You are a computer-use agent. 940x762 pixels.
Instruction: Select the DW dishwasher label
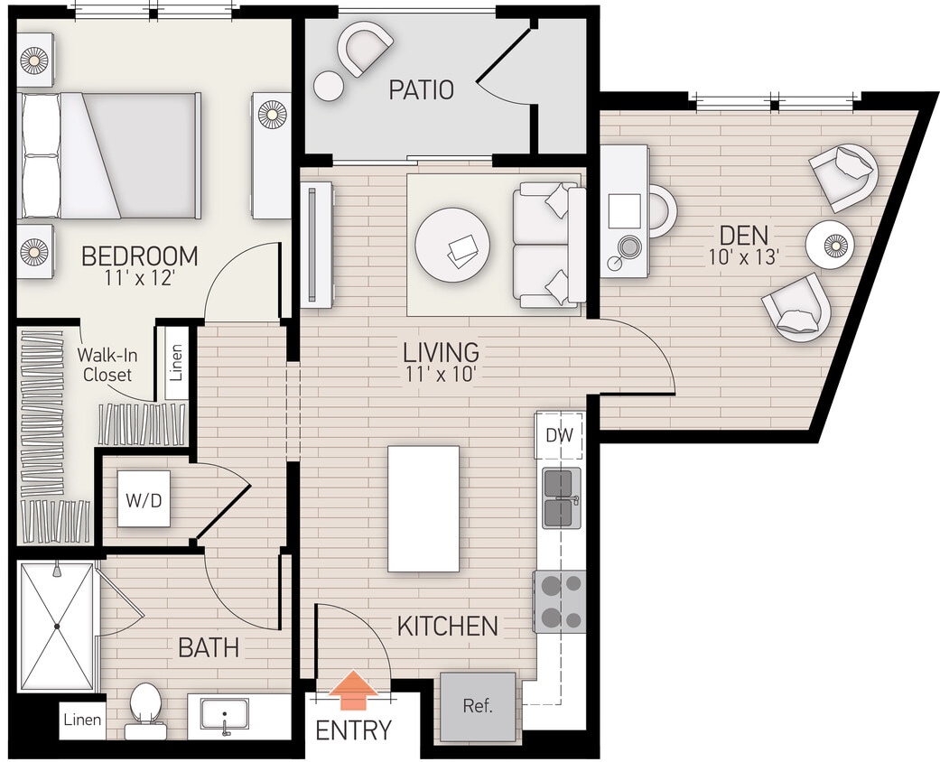pyautogui.click(x=560, y=435)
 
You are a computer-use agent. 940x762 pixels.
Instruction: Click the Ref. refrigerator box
pyautogui.click(x=478, y=706)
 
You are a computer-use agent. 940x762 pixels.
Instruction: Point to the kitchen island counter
pyautogui.click(x=423, y=508)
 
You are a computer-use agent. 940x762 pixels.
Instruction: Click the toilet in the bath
pyautogui.click(x=145, y=705)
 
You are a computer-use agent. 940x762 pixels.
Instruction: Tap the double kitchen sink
pyautogui.click(x=561, y=497)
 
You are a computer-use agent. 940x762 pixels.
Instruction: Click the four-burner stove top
pyautogui.click(x=560, y=602)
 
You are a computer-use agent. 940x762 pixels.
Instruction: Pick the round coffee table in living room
pyautogui.click(x=452, y=246)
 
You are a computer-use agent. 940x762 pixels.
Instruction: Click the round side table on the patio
pyautogui.click(x=329, y=87)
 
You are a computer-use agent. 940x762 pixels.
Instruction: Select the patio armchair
pyautogui.click(x=365, y=48)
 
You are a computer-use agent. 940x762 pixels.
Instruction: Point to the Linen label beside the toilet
pyautogui.click(x=82, y=720)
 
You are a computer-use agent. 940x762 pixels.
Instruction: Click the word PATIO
pyautogui.click(x=421, y=90)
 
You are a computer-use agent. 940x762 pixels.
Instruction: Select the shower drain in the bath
pyautogui.click(x=56, y=626)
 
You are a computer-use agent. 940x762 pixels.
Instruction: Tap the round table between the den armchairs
pyautogui.click(x=829, y=245)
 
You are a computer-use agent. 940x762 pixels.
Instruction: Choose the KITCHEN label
pyautogui.click(x=447, y=626)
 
